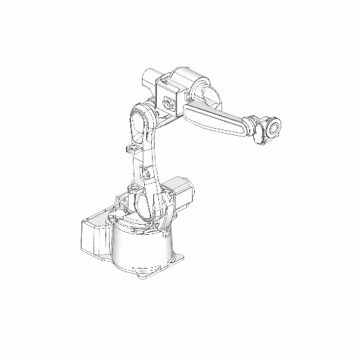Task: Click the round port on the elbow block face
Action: pos(169,104)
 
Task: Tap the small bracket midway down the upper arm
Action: pos(146,173)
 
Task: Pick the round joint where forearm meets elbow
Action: pos(204,95)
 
